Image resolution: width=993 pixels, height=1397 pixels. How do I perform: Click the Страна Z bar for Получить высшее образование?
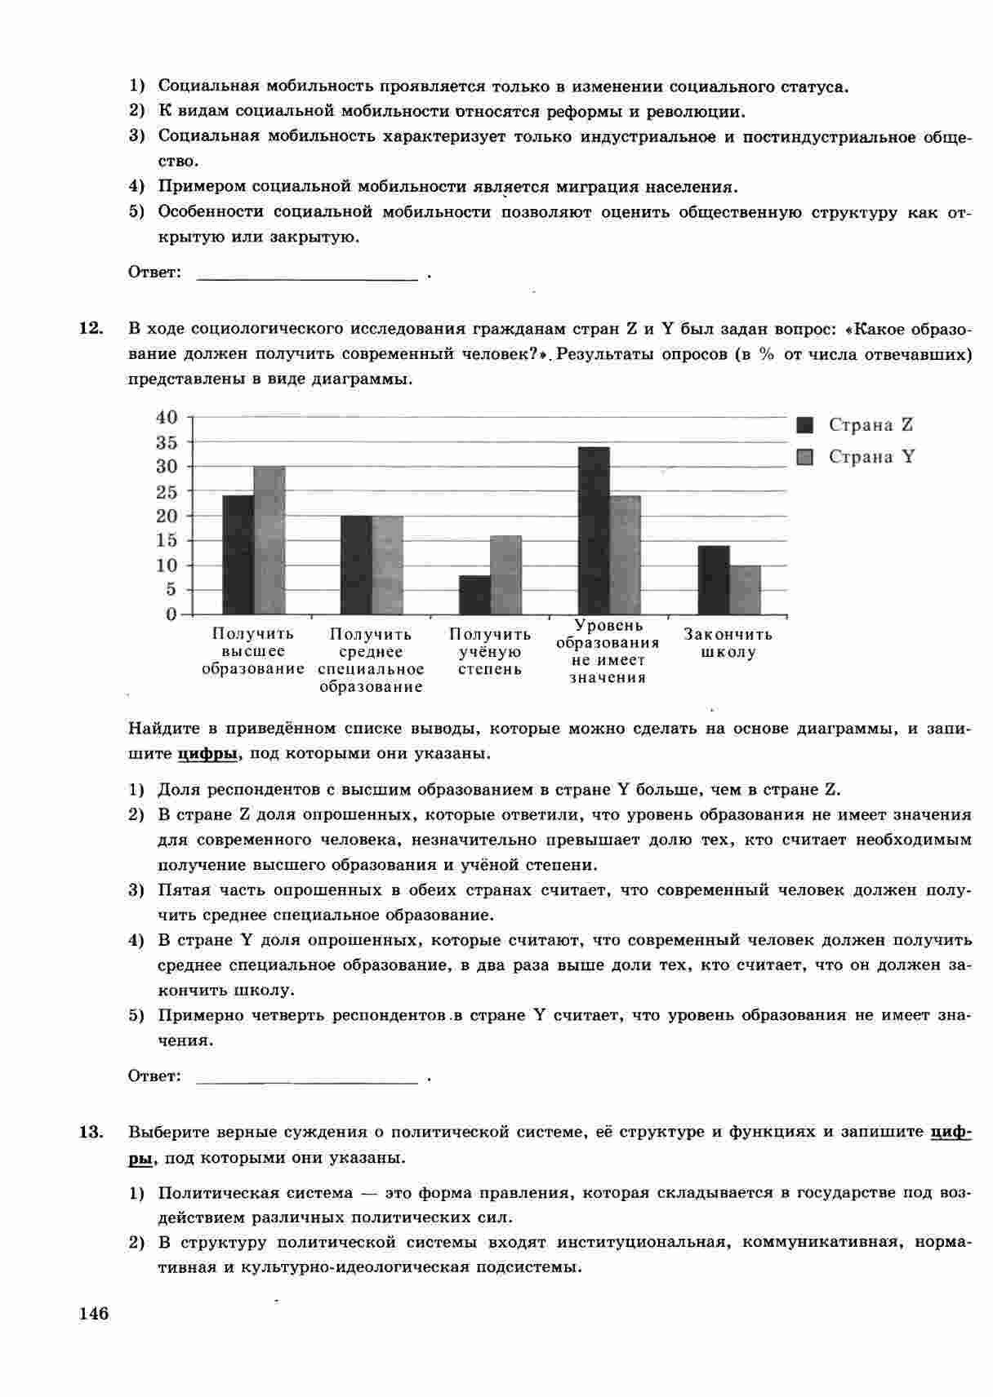(238, 555)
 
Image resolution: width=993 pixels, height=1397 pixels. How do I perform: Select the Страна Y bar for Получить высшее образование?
(269, 540)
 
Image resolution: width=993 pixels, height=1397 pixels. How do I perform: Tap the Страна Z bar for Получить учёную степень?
(474, 595)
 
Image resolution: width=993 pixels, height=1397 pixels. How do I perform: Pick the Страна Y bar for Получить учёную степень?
(505, 574)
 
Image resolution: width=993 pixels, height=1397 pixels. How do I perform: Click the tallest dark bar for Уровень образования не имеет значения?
(594, 530)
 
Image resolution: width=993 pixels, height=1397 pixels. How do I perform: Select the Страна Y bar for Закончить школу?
(745, 590)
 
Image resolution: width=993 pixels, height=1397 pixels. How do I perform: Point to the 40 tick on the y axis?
(167, 417)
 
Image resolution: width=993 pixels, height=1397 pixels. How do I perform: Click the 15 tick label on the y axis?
(167, 540)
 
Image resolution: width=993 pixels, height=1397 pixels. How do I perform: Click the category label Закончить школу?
(728, 643)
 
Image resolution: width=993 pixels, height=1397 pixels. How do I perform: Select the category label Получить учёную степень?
(490, 651)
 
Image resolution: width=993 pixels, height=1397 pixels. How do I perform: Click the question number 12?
(91, 329)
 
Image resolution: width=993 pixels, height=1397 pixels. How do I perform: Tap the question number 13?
(91, 1132)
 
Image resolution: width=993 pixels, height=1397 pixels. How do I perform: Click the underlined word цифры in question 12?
(207, 754)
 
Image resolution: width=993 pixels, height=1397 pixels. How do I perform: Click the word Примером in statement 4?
(199, 187)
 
